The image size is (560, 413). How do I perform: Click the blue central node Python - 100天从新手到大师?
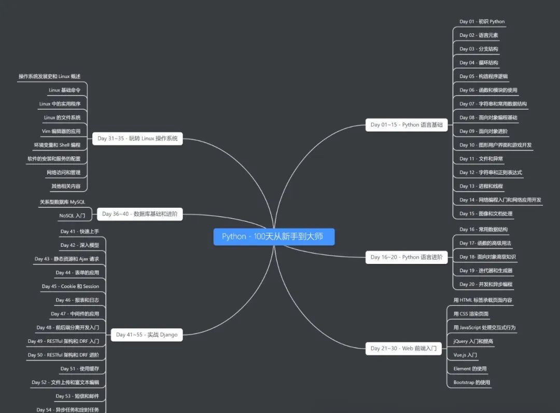click(274, 236)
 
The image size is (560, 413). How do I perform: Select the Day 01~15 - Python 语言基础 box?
click(407, 125)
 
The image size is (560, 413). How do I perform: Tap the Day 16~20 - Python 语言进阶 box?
click(407, 257)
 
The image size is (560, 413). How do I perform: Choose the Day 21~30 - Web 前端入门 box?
click(403, 349)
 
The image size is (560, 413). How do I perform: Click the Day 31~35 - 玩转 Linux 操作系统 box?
click(137, 138)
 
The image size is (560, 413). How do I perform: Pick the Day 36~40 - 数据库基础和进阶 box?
click(139, 214)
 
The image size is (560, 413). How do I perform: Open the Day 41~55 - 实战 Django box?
click(147, 335)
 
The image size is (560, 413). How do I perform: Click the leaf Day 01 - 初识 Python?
click(482, 22)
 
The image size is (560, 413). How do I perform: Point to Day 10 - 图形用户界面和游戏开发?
click(495, 145)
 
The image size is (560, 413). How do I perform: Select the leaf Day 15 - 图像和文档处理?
click(486, 214)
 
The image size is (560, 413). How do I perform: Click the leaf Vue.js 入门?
click(465, 355)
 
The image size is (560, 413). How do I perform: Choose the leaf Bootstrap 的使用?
click(472, 383)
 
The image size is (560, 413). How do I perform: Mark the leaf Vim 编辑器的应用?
click(61, 131)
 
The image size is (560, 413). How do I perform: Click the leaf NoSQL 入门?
click(72, 215)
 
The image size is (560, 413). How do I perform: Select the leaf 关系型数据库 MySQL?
click(62, 202)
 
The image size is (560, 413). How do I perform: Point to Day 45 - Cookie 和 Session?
click(71, 286)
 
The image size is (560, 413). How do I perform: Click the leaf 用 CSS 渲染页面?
click(471, 314)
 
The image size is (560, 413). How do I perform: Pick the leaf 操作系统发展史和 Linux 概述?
click(49, 76)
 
